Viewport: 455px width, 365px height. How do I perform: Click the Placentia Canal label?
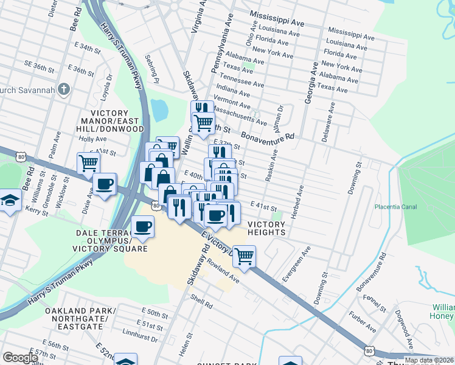[x=395, y=207]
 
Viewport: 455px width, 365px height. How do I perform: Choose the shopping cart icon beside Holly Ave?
[x=88, y=163]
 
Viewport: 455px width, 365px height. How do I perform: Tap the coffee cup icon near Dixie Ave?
[x=105, y=184]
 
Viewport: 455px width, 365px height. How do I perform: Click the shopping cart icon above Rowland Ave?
[x=244, y=256]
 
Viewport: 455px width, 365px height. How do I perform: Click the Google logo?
[x=20, y=358]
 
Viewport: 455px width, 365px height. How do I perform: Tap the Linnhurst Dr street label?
[x=140, y=338]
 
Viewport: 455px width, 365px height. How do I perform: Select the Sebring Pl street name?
[x=151, y=69]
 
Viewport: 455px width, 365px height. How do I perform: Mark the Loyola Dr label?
[x=105, y=87]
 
